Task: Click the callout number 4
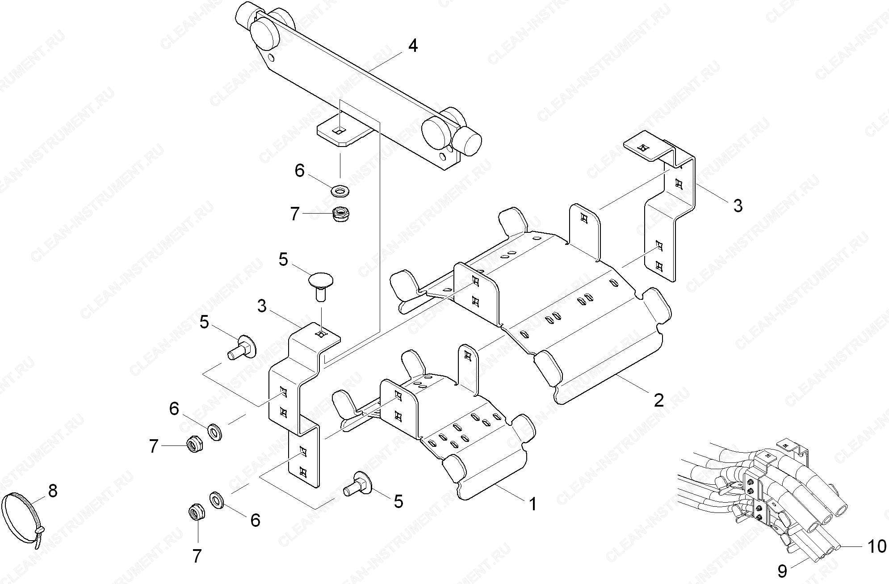(x=413, y=46)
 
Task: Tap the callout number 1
(x=532, y=504)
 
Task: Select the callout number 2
(x=659, y=400)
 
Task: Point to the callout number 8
(x=53, y=491)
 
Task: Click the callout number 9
(x=782, y=571)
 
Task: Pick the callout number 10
(x=876, y=546)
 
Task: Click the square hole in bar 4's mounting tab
(x=340, y=130)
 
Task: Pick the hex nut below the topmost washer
(x=342, y=213)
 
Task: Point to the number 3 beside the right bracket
(x=738, y=206)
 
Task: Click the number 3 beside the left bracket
(x=262, y=307)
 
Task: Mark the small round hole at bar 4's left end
(x=271, y=57)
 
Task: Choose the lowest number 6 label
(x=255, y=520)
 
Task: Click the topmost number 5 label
(x=283, y=260)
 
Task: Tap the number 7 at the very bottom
(x=197, y=556)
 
